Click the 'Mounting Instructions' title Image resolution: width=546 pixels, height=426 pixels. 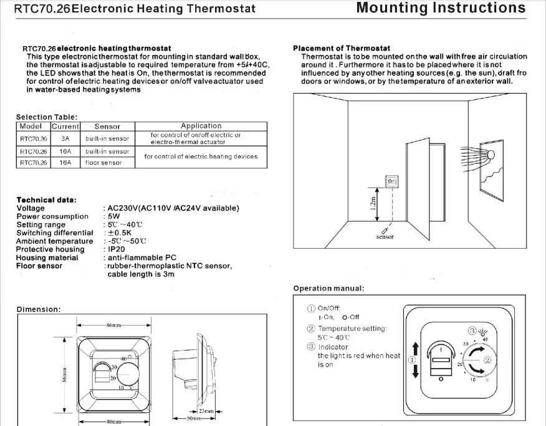(441, 8)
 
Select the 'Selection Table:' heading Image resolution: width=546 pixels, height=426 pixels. (47, 117)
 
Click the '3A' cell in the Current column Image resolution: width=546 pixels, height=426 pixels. (65, 138)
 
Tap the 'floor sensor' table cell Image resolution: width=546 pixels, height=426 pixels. (103, 163)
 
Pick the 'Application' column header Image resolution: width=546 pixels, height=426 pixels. (201, 126)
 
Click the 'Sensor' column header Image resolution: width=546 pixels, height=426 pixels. (107, 126)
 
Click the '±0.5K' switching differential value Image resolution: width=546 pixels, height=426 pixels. (117, 233)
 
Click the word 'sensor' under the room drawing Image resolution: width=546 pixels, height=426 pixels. (385, 237)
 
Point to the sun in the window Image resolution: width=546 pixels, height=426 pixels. (491, 154)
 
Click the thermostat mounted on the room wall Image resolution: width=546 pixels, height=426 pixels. (391, 182)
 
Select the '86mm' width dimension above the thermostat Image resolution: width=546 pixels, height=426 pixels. (113, 326)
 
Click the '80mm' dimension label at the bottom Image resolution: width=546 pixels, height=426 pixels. (113, 422)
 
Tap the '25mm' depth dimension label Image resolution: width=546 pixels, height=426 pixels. (206, 412)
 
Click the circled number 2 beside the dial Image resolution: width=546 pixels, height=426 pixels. (487, 360)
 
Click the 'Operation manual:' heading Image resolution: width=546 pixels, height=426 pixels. (328, 288)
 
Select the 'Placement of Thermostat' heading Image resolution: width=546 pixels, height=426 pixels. (342, 48)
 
